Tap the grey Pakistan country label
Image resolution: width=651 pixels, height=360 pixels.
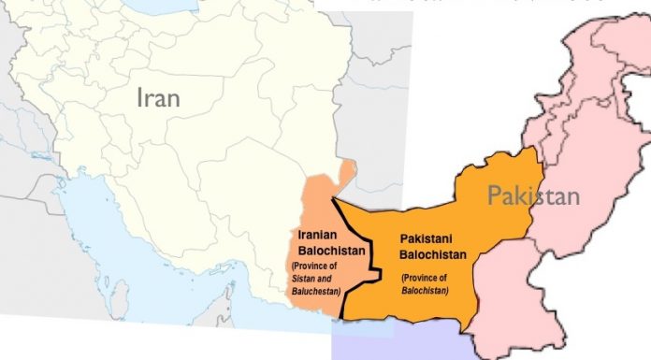point(533,195)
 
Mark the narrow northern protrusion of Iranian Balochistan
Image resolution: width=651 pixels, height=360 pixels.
point(349,173)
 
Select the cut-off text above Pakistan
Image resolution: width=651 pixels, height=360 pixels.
point(486,3)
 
